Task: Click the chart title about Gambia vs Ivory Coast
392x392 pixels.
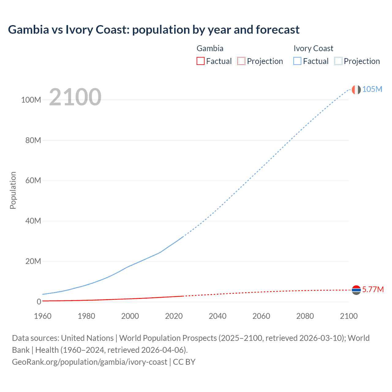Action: tap(153, 30)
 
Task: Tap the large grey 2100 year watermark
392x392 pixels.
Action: tap(75, 97)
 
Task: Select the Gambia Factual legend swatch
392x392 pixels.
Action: tap(201, 61)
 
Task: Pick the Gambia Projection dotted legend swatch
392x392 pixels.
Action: tap(241, 61)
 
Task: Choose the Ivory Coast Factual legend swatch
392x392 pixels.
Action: tap(297, 61)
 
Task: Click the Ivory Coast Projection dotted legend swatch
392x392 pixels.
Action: tap(338, 61)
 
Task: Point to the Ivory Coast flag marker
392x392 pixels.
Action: tap(356, 89)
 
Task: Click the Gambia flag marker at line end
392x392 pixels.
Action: tap(356, 290)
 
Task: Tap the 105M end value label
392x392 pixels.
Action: tap(372, 89)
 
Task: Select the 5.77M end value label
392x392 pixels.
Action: tap(373, 289)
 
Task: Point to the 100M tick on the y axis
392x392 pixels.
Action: tap(31, 100)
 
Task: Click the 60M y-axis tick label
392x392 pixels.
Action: tap(33, 180)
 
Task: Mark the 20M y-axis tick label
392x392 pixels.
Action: tap(33, 261)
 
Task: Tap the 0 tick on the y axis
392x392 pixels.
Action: tap(39, 302)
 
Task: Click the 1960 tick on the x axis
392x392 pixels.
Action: tap(43, 316)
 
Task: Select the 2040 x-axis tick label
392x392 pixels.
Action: tap(217, 316)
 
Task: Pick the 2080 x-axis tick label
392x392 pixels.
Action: tap(305, 316)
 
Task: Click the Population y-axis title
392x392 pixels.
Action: tap(13, 190)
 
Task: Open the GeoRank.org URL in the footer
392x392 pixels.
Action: tap(89, 362)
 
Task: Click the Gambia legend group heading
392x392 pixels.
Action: tap(210, 48)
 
